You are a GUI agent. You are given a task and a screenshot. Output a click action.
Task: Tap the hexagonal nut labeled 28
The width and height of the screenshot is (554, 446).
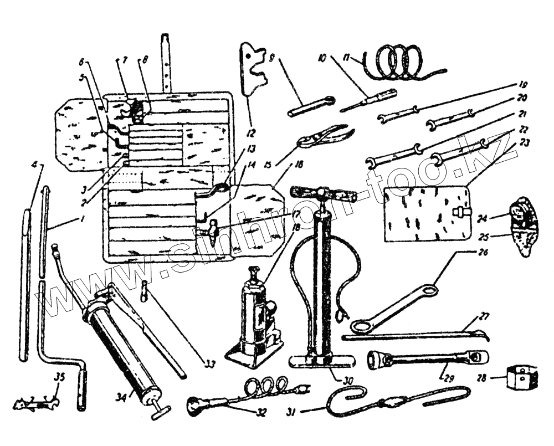tap(520, 381)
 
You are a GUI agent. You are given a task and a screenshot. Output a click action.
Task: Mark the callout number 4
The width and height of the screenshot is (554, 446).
tap(34, 165)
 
